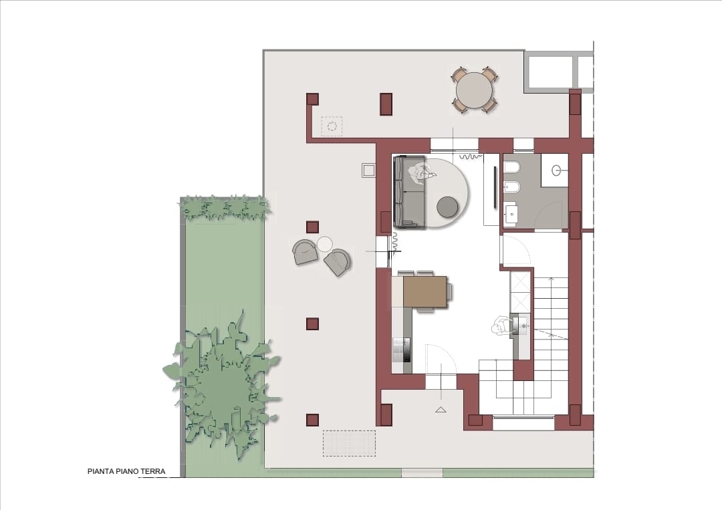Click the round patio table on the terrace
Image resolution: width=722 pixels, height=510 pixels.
point(473,91)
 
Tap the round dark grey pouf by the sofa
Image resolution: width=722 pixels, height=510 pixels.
point(447,207)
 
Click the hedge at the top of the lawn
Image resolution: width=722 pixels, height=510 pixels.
point(225,208)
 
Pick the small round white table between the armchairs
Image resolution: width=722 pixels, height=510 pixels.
point(325,244)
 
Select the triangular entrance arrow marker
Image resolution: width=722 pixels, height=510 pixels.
point(441,409)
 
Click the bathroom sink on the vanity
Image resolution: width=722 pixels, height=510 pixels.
point(511,213)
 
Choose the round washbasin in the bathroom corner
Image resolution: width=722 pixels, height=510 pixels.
point(557,170)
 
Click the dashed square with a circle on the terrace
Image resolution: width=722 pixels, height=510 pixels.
point(332,126)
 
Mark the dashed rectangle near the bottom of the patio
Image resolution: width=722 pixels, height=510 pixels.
point(349,443)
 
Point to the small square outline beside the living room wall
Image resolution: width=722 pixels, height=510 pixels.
point(368,170)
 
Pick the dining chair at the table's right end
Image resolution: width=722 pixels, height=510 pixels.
point(449,292)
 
